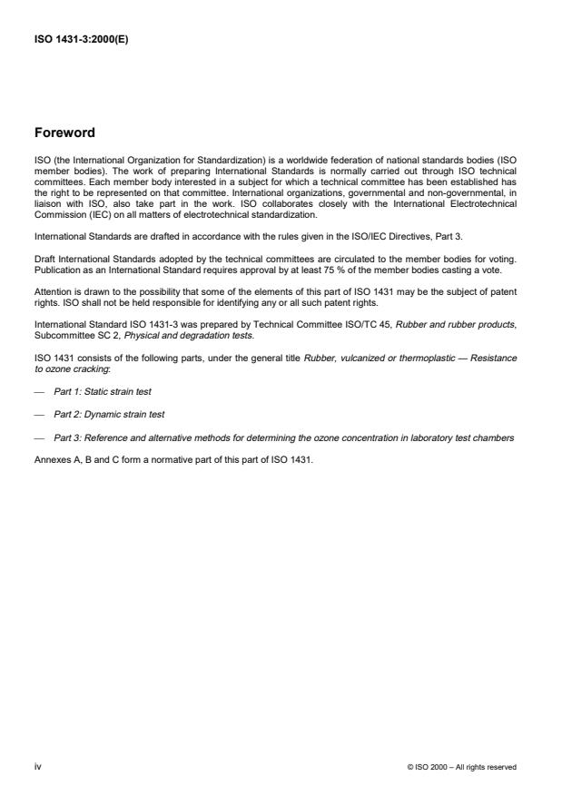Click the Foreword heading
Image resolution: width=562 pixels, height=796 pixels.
(64, 133)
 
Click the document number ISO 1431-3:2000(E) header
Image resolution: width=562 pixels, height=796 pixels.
(81, 40)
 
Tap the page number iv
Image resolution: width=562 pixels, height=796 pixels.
(37, 766)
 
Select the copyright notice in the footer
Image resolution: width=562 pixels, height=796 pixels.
(462, 767)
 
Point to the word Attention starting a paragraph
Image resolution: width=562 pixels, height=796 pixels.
(52, 292)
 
